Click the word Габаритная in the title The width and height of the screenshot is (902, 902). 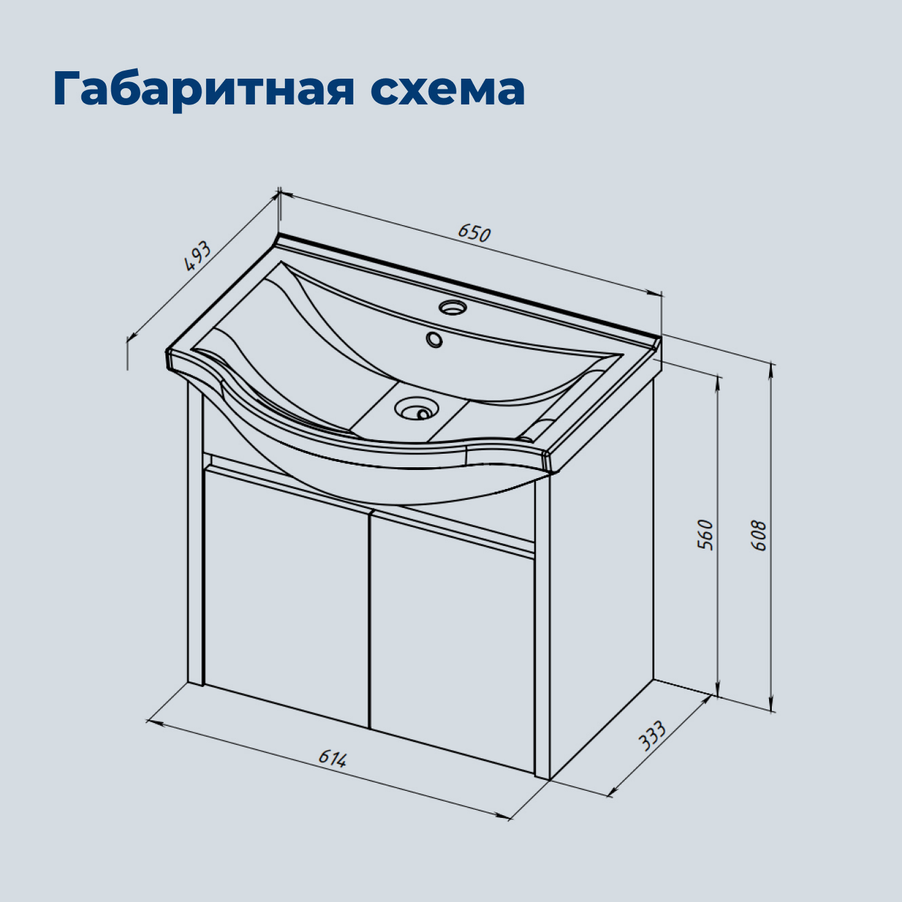pos(203,89)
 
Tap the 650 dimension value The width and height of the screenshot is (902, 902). pos(473,233)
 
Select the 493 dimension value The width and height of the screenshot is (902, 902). pos(199,256)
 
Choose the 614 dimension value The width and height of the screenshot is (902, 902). pos(333,758)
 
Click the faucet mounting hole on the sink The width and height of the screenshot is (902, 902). pos(452,307)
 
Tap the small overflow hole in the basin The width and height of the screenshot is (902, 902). pos(434,338)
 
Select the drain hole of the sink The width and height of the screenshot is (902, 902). pos(414,409)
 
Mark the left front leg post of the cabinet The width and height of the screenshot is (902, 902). pos(195,543)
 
